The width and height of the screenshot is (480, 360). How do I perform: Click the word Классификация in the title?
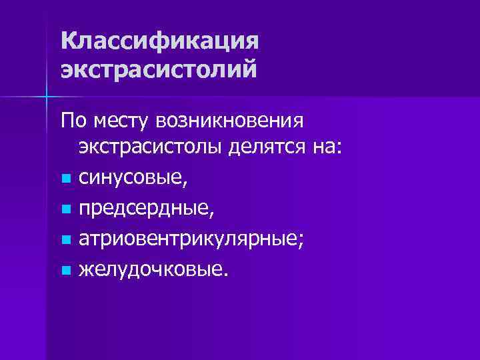click(158, 42)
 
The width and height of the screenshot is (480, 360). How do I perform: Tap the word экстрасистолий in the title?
click(158, 69)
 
